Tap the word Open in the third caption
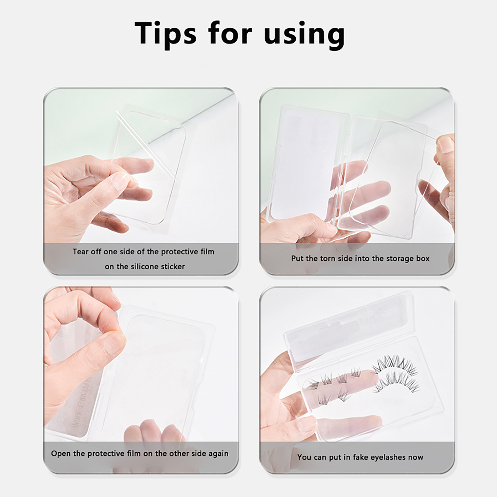point(61,454)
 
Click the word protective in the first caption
point(180,252)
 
